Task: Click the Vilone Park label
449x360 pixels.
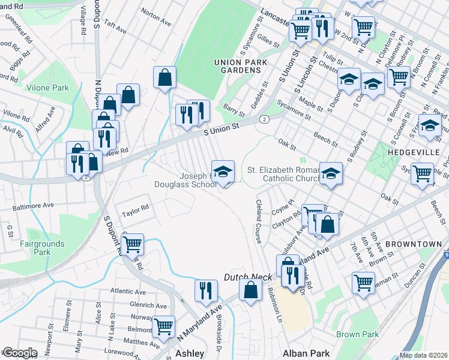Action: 48,88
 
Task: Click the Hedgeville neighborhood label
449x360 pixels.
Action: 415,152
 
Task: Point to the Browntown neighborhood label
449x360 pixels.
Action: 414,244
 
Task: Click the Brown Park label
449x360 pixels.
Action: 357,334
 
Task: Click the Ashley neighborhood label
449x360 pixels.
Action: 190,353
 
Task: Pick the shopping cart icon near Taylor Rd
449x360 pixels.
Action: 132,244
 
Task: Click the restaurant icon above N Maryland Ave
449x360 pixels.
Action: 206,290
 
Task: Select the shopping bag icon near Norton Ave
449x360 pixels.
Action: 164,77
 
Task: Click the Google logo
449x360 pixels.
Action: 20,353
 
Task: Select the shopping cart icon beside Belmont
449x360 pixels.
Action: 163,326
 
